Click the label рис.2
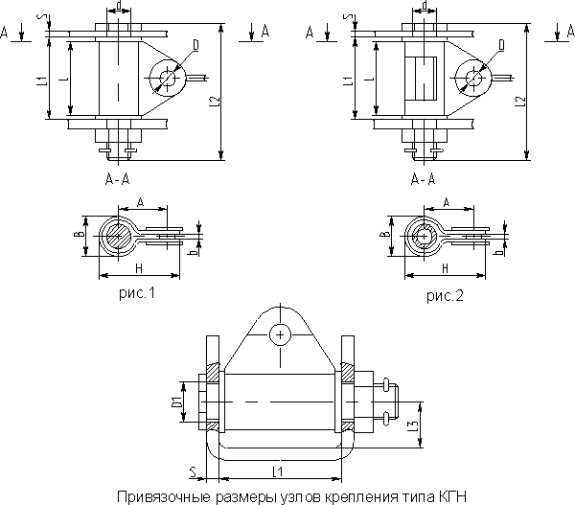(x=445, y=296)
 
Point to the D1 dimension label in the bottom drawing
(x=176, y=396)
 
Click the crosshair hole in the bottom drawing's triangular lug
(x=279, y=334)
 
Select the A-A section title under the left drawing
(x=118, y=179)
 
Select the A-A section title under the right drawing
(x=422, y=179)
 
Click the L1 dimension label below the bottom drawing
(x=278, y=471)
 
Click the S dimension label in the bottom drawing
(x=193, y=470)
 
